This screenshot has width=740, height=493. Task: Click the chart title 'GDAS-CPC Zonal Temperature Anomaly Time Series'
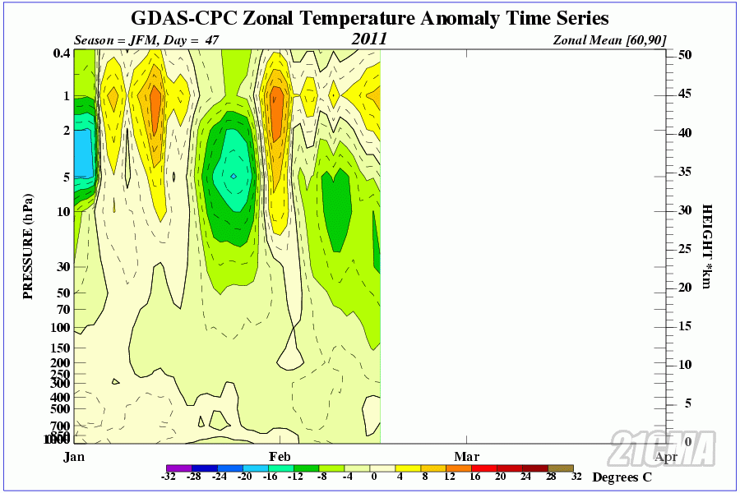click(370, 18)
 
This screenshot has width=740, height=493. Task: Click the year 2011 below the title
click(369, 39)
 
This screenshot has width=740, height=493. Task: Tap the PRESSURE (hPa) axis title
click(28, 246)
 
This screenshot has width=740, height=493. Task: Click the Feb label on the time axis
click(277, 456)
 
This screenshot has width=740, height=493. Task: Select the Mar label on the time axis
click(466, 456)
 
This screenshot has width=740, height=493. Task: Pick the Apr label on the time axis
click(666, 456)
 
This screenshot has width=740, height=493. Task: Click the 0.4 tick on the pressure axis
click(60, 53)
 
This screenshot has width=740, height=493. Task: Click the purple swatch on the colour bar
click(178, 468)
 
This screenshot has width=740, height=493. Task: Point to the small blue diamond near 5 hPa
click(234, 176)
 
